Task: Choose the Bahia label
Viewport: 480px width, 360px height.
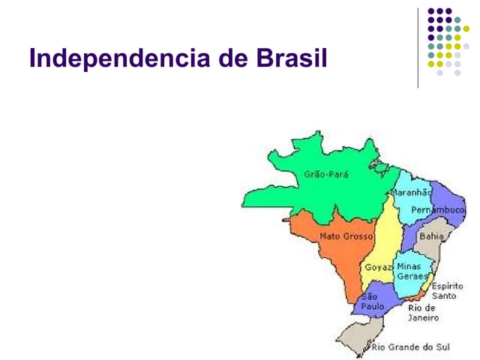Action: pyautogui.click(x=431, y=235)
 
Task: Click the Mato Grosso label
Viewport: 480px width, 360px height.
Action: pyautogui.click(x=346, y=236)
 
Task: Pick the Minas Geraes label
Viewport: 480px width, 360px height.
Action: pyautogui.click(x=409, y=271)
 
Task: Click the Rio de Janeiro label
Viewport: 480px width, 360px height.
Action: pyautogui.click(x=421, y=312)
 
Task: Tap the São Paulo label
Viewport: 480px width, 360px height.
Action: pyautogui.click(x=373, y=301)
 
